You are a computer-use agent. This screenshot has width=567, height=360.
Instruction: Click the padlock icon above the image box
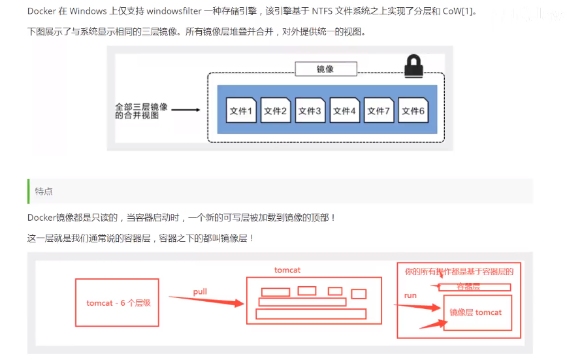coord(414,65)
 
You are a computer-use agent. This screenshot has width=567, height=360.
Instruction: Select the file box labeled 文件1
coord(241,111)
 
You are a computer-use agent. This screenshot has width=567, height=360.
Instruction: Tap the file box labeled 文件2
coord(276,111)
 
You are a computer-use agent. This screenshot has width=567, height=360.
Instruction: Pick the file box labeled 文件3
coord(310,111)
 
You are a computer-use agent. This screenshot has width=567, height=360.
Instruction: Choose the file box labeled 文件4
coord(344,111)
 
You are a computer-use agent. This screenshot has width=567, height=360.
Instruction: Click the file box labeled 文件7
coord(379,111)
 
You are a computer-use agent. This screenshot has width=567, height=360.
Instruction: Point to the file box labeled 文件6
coord(413,111)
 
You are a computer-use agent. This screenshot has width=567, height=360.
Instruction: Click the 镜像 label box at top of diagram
coord(325,69)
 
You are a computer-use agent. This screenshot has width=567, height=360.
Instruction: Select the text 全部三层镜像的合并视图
coord(141,110)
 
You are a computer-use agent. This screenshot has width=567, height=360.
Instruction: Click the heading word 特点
coord(44,191)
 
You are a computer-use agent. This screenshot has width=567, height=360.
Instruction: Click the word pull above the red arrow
coord(200,291)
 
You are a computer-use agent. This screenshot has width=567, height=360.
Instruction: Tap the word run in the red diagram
coord(410,295)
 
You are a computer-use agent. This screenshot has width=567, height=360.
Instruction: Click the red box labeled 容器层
coord(474,287)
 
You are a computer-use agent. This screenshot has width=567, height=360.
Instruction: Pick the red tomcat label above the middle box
coord(287,270)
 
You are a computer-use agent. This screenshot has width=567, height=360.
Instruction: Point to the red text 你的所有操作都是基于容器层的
coord(459,272)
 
